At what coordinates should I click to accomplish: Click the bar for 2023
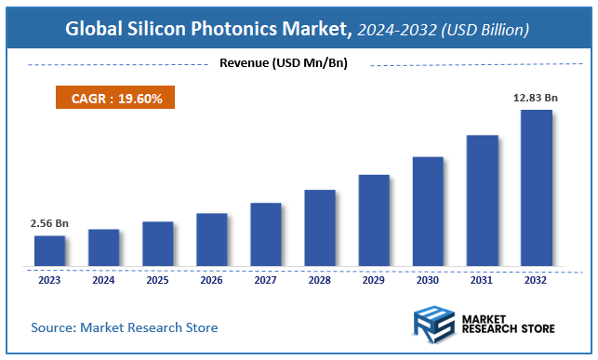pos(49,250)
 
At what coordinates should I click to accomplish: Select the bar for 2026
pos(211,239)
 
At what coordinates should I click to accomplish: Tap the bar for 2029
pos(373,220)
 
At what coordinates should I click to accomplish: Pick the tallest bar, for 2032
pos(536,188)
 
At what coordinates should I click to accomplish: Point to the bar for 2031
pos(482,200)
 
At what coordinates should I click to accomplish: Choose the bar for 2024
pos(103,247)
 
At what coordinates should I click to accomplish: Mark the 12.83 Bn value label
pos(536,99)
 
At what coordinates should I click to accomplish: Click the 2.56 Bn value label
pos(49,224)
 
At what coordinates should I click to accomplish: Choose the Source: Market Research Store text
pos(125,327)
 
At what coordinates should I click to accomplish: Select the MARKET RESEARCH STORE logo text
pos(508,325)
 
